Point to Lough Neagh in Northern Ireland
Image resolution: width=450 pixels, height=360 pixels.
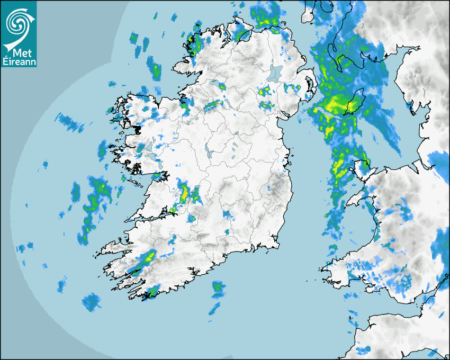pyautogui.click(x=276, y=73)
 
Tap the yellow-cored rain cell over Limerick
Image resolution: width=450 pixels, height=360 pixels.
pyautogui.click(x=184, y=194)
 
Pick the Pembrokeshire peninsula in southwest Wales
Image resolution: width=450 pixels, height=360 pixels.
pyautogui.click(x=331, y=268)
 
